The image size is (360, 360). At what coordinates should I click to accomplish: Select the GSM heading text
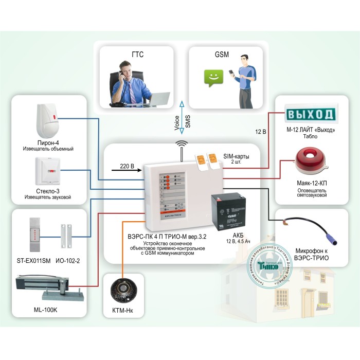click(x=221, y=53)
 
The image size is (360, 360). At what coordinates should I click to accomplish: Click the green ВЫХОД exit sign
click(x=310, y=114)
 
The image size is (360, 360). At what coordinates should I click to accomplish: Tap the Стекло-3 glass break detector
click(x=48, y=171)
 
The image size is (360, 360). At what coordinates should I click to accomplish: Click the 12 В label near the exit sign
click(x=260, y=132)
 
